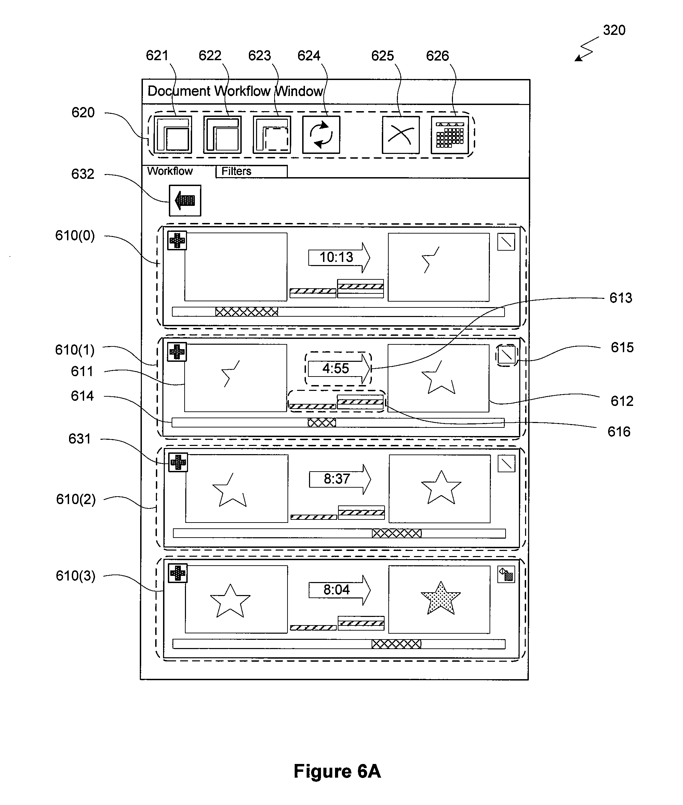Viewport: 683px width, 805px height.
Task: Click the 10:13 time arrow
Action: pyautogui.click(x=339, y=257)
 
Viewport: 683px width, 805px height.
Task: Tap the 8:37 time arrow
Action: pyautogui.click(x=340, y=479)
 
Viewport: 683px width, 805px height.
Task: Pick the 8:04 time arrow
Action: pyautogui.click(x=339, y=590)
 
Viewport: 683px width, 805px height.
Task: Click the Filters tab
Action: pyautogui.click(x=252, y=171)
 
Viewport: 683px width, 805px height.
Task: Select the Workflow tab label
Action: pyautogui.click(x=170, y=171)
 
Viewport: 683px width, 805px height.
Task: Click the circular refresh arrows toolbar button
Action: pyautogui.click(x=321, y=135)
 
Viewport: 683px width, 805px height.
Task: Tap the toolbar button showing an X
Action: pyautogui.click(x=401, y=135)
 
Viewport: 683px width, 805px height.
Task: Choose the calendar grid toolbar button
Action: pyautogui.click(x=450, y=135)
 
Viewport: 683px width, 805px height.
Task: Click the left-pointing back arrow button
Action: pyautogui.click(x=185, y=200)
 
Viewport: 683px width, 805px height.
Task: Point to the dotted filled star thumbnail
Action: pyautogui.click(x=441, y=598)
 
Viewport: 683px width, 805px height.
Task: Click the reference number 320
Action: pyautogui.click(x=614, y=30)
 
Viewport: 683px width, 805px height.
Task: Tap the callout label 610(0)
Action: pyautogui.click(x=75, y=236)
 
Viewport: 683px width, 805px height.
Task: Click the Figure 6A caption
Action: pyautogui.click(x=337, y=771)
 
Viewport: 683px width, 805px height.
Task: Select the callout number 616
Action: pyautogui.click(x=619, y=432)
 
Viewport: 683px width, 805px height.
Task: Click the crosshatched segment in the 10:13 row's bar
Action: pyautogui.click(x=247, y=312)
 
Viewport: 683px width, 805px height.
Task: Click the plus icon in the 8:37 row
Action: pyautogui.click(x=178, y=462)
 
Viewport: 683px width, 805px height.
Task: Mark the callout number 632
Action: pyautogui.click(x=83, y=174)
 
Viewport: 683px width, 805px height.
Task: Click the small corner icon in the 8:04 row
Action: pyautogui.click(x=506, y=574)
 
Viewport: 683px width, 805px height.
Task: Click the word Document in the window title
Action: pyautogui.click(x=179, y=91)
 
